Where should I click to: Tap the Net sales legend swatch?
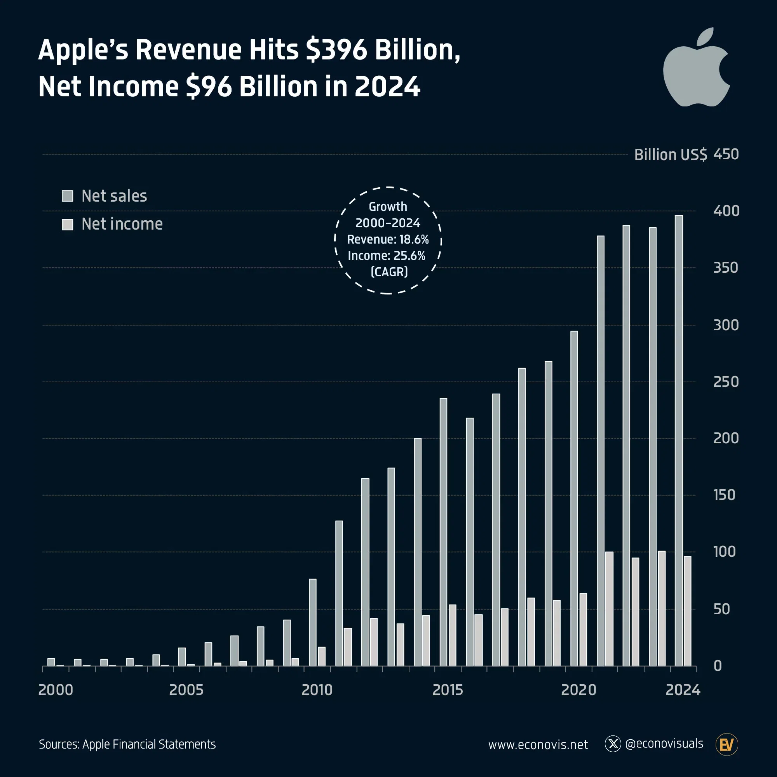coord(67,196)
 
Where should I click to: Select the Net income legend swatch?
coord(67,225)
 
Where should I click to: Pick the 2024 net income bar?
coord(687,611)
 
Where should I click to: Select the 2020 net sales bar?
coord(574,498)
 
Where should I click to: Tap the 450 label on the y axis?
coord(726,155)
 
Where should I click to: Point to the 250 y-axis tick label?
coord(726,382)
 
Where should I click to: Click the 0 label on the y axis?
coord(718,666)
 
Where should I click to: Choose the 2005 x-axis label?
coord(186,690)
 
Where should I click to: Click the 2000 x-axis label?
coord(56,690)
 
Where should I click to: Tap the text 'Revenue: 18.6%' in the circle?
coord(388,239)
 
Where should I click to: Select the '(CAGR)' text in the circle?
coord(389,272)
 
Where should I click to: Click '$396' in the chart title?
coord(336,50)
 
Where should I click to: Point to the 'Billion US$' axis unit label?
coord(671,155)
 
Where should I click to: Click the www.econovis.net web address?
coord(538,745)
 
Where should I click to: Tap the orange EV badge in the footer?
coord(727,744)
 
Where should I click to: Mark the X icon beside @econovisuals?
coord(613,744)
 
